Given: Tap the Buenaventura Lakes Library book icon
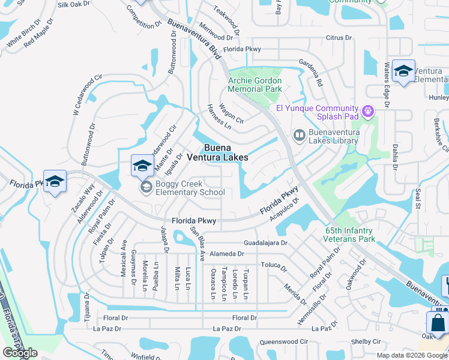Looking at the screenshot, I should (x=299, y=136).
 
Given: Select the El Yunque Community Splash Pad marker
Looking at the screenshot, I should (x=368, y=111).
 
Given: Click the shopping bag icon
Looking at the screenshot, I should (x=438, y=322).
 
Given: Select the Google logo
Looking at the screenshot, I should (x=20, y=353).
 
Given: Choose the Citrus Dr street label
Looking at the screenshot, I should (x=338, y=38).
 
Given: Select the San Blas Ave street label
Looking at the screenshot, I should (x=198, y=244).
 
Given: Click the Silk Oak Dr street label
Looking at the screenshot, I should (x=73, y=4).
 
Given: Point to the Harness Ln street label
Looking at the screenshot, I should (x=218, y=116).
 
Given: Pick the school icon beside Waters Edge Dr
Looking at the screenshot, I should (x=403, y=72).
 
